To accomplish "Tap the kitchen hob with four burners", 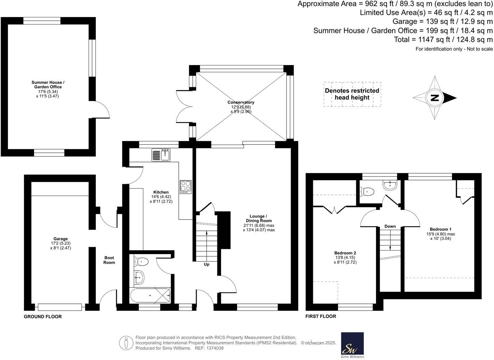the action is pos(186,187).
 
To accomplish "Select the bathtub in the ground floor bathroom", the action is pos(150,296).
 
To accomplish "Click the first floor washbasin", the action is pos(390,185).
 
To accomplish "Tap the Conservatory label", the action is pos(241,102).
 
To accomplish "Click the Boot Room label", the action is pos(109,260).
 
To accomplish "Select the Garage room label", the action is pos(60,239).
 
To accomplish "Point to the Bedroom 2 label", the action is pos(345,253).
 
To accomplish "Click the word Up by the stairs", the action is pos(206,265).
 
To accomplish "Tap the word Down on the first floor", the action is pos(390,226).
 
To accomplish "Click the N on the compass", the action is pos(434,98).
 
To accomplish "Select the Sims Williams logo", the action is pos(352,345).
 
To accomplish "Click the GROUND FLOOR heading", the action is pos(43,316).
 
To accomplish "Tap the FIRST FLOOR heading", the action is pos(321,316).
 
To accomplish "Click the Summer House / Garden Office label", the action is pos(48,85).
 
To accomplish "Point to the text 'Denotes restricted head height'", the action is pos(352,94).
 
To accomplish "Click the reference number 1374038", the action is pos(214,348).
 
